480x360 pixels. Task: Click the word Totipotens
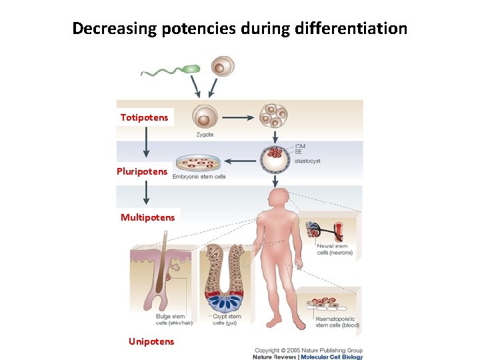point(145,118)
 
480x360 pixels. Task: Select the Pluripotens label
point(142,171)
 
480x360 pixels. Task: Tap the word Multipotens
point(148,217)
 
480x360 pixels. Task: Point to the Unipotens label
point(151,341)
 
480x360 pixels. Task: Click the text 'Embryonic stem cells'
point(199,177)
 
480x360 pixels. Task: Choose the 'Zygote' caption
point(205,134)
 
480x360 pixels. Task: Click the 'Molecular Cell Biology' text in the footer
point(331,357)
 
